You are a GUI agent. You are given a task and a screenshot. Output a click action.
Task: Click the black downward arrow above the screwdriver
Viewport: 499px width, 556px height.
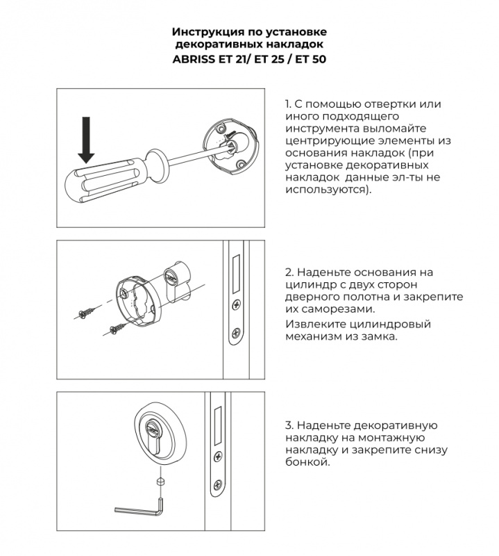click(86, 140)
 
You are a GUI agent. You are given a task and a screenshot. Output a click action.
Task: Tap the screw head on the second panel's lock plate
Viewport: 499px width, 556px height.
click(236, 304)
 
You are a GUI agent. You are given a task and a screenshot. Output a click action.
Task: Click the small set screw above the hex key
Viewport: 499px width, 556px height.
click(160, 481)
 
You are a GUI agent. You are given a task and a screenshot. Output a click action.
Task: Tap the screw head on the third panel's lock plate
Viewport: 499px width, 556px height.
click(218, 457)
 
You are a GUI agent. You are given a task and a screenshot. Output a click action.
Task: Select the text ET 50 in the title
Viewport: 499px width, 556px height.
click(310, 59)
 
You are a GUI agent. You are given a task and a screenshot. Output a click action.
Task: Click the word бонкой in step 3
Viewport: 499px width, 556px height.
click(305, 462)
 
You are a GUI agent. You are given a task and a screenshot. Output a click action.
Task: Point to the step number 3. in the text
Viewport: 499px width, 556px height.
click(289, 425)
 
